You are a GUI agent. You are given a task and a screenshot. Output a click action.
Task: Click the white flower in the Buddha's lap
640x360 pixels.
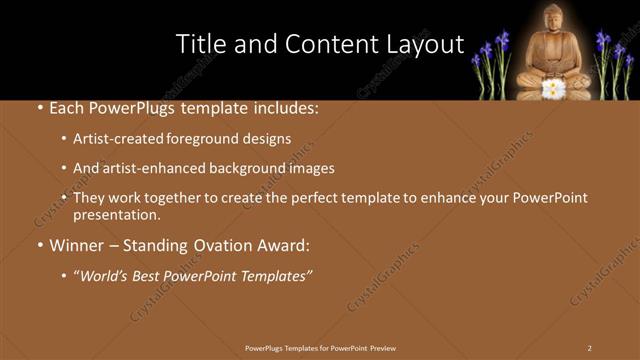point(552,88)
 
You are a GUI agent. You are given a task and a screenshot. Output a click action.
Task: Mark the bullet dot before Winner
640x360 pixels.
point(39,245)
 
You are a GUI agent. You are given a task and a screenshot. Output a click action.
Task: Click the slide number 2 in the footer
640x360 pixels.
point(589,348)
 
